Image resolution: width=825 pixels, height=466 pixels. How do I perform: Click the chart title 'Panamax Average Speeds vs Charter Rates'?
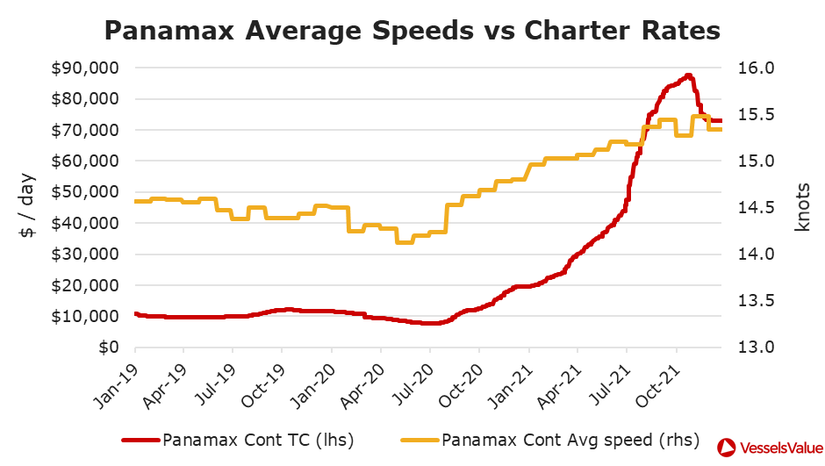coord(412,31)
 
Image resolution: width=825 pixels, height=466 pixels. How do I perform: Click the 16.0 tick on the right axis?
coord(750,68)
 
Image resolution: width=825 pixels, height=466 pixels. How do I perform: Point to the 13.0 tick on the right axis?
coord(750,348)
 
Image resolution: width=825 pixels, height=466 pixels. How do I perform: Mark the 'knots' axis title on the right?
coord(801,207)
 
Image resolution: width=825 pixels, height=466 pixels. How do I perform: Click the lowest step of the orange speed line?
coord(404,241)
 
